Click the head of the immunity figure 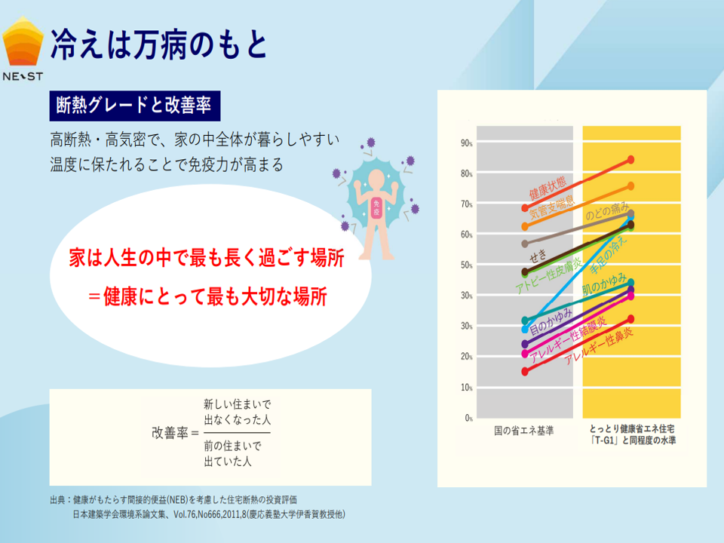click(x=376, y=179)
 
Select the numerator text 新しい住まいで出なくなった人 click(x=237, y=410)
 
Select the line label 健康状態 click(x=552, y=191)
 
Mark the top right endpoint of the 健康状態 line click(x=630, y=160)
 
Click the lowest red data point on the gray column click(x=525, y=371)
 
